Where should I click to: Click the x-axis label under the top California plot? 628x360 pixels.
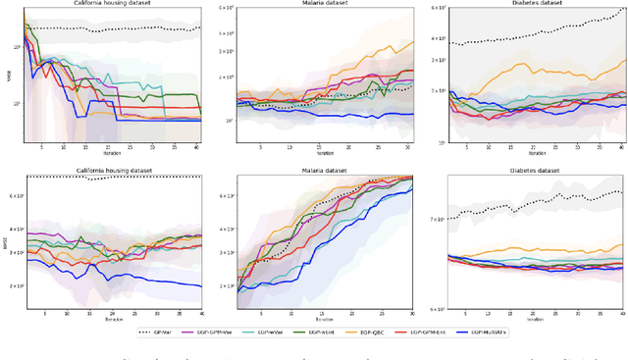[113, 154]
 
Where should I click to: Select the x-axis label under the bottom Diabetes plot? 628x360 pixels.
[536, 320]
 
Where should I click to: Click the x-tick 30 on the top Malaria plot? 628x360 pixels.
[408, 147]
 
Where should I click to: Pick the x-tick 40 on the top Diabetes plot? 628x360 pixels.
[623, 148]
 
